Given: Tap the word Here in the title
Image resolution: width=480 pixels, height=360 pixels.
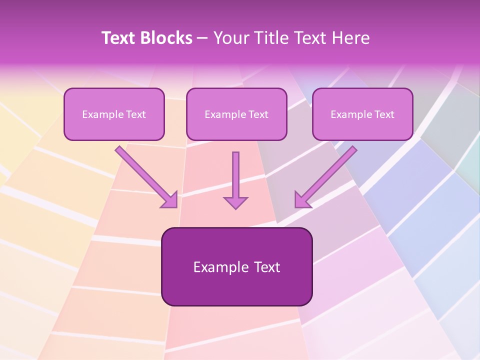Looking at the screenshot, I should click(350, 38).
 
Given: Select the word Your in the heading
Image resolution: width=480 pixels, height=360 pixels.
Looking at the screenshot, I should click(230, 38).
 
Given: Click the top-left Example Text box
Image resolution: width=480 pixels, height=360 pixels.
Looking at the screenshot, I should click(114, 114).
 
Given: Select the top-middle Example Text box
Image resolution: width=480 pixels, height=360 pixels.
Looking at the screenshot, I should click(236, 114).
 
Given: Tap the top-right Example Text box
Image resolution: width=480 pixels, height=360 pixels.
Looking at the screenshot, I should click(362, 114).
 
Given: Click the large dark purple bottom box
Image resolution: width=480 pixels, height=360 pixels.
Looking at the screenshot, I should click(236, 266).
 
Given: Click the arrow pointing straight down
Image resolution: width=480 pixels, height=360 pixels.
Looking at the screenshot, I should click(235, 177).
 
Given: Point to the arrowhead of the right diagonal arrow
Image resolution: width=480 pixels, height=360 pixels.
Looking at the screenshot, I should click(301, 200).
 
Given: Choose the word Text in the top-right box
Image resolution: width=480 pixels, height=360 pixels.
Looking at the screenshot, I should click(384, 114).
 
